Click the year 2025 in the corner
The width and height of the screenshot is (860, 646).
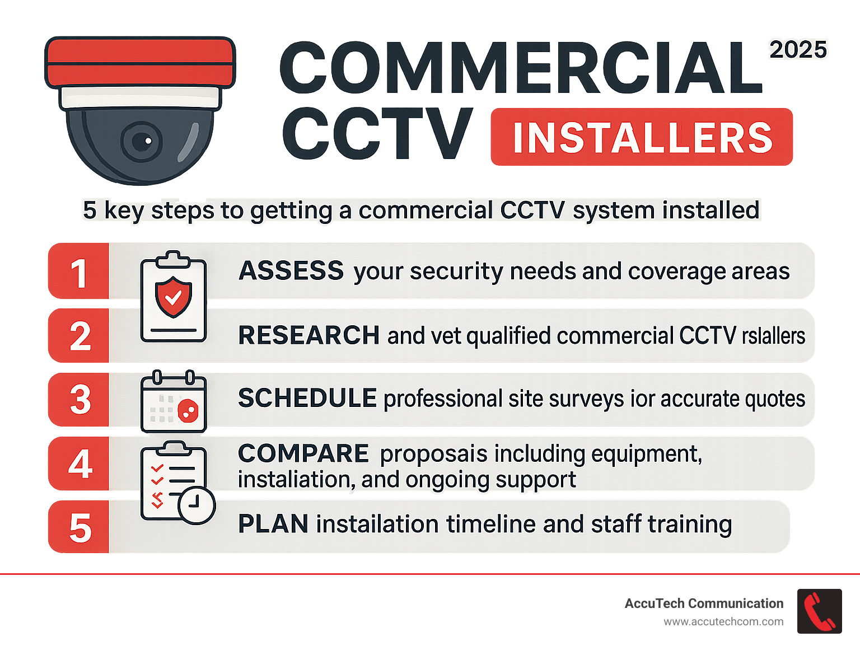798,50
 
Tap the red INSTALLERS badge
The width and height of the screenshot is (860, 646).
642,137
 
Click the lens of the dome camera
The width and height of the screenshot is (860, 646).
142,141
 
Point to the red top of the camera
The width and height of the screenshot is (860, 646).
140,62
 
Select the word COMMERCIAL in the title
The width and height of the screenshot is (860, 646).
521,68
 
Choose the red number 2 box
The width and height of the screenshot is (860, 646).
79,336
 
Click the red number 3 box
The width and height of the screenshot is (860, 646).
79,400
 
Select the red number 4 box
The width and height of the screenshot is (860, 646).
79,464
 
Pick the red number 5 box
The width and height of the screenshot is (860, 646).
79,527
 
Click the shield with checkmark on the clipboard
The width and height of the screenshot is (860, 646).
174,297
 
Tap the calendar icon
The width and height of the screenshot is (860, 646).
174,402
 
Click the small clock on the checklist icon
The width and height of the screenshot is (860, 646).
197,505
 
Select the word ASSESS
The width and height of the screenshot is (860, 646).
291,271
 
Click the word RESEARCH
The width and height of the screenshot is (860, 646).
309,335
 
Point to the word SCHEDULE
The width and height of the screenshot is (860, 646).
307,398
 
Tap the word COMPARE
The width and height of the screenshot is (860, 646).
303,453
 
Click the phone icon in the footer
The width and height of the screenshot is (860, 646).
819,611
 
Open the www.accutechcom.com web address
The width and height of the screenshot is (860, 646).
723,621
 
